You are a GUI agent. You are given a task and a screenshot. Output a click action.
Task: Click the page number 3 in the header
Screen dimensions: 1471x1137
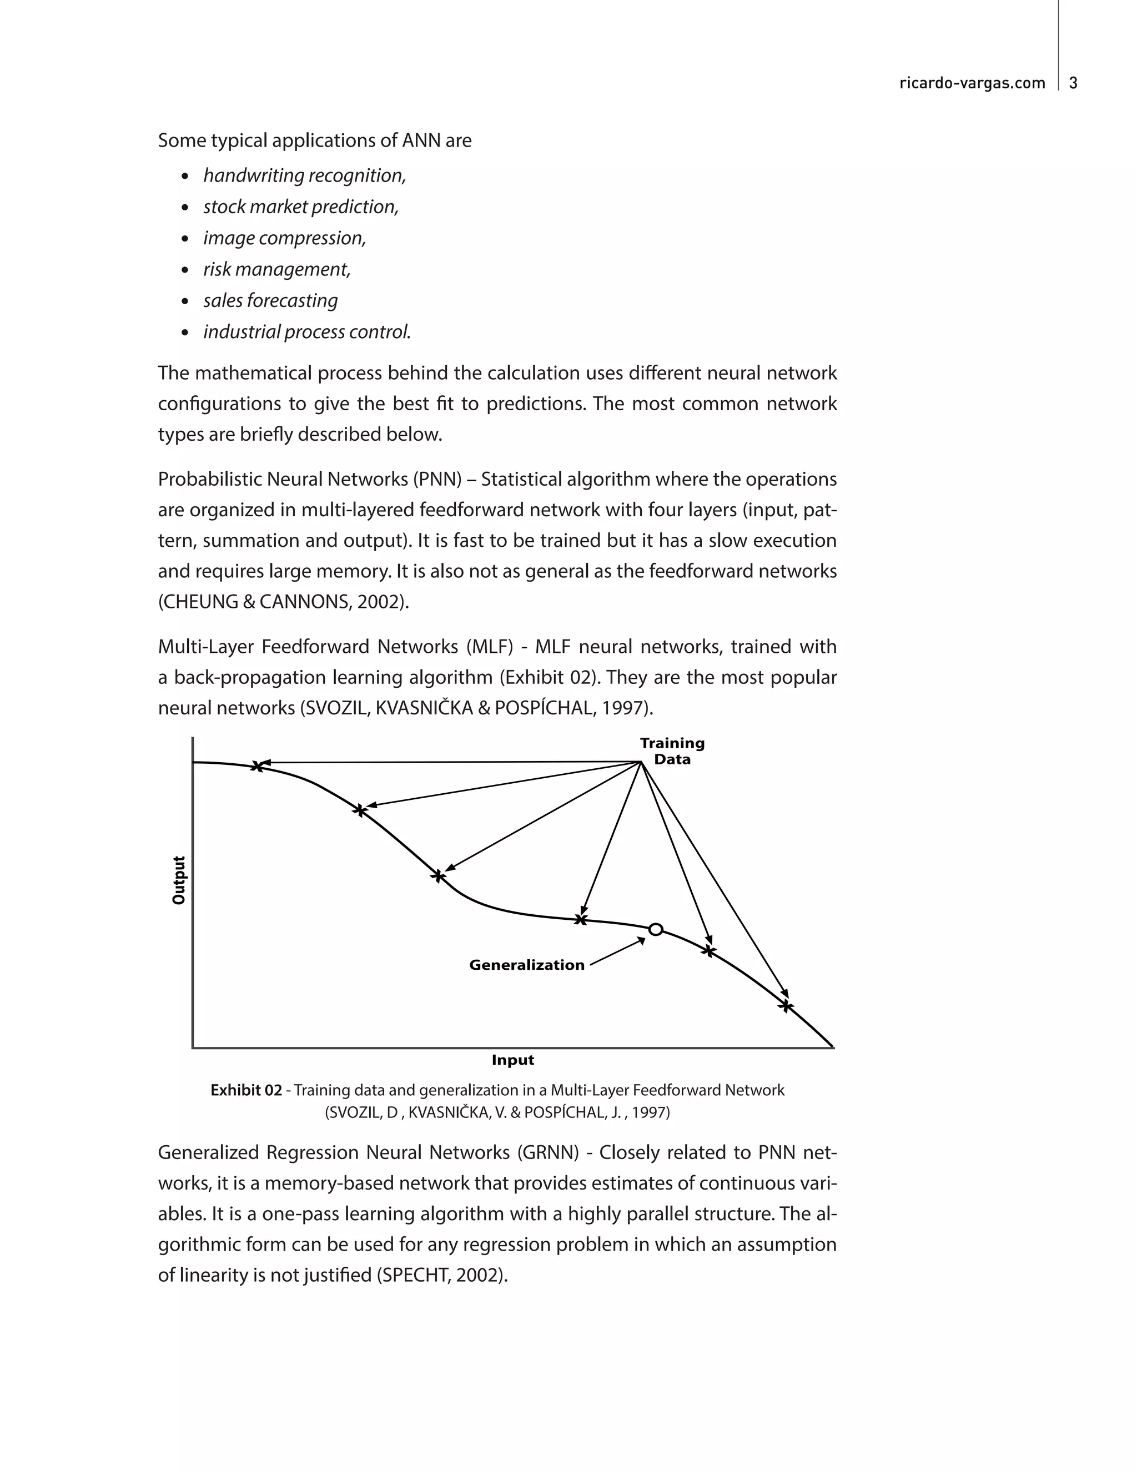[1074, 83]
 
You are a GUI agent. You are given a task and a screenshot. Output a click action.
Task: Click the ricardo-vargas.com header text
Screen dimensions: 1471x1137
[972, 83]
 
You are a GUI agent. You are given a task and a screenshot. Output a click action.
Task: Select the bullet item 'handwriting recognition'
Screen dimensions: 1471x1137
[304, 176]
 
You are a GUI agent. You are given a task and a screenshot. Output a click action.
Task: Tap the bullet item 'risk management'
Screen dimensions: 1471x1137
[277, 269]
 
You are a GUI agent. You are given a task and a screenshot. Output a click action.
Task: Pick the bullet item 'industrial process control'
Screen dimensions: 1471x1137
[307, 332]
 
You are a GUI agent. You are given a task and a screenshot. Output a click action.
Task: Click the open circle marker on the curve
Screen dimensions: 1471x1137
[656, 930]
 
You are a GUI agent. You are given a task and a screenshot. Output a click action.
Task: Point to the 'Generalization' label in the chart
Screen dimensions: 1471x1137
[527, 965]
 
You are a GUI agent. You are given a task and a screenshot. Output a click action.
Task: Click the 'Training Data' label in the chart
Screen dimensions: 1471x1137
[672, 751]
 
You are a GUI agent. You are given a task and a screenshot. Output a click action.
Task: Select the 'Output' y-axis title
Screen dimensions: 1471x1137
[179, 880]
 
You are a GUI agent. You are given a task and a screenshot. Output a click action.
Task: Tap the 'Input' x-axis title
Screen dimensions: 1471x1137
[512, 1060]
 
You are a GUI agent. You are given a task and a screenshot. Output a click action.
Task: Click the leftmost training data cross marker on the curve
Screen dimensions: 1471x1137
[256, 766]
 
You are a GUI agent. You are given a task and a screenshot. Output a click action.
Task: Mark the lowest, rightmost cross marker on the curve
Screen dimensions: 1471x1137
[786, 1006]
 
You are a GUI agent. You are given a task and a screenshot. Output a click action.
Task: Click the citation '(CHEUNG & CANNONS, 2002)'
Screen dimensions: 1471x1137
[284, 602]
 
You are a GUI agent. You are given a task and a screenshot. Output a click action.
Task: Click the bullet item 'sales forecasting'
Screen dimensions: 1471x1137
[270, 300]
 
